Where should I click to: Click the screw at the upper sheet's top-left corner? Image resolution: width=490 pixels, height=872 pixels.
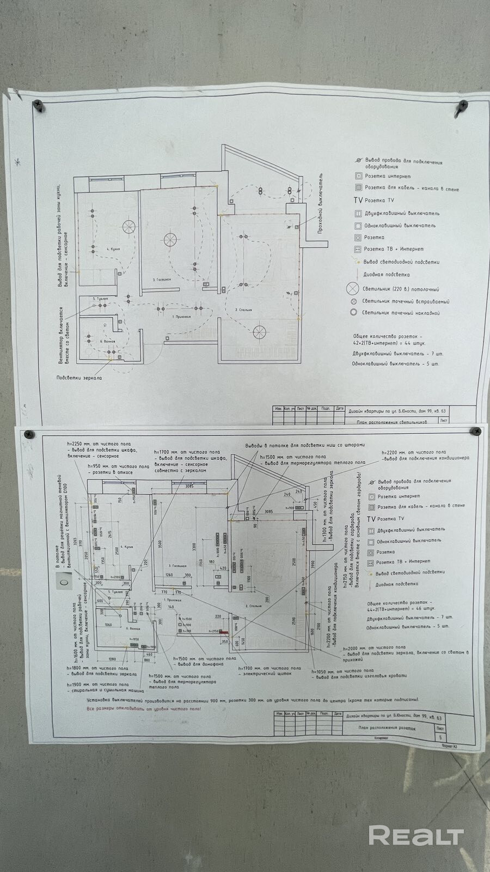[39, 104]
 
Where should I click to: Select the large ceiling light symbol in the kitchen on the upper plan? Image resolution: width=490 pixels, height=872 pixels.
[128, 226]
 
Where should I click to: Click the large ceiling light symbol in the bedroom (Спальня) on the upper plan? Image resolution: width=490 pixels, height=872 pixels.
[260, 331]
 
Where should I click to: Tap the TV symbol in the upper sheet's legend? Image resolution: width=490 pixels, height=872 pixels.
[358, 201]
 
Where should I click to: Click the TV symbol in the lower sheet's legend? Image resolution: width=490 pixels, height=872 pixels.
[371, 519]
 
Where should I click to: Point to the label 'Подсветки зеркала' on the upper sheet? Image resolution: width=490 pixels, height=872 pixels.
[79, 377]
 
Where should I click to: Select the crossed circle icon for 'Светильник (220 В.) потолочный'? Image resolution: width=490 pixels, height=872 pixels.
[354, 289]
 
